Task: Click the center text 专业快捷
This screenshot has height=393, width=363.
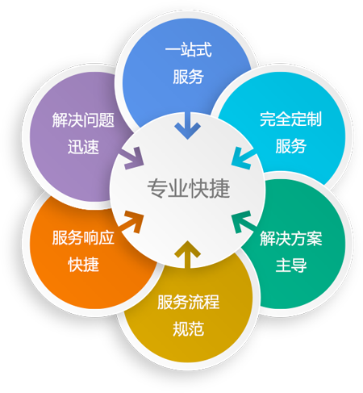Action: coord(189,188)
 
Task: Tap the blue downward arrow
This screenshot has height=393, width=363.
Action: coord(187,126)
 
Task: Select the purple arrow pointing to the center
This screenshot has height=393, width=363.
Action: coord(131,159)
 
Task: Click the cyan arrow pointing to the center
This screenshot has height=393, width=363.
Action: coord(244,159)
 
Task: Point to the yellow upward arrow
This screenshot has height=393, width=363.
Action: coord(187,254)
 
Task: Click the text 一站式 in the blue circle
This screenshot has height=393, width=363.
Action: coord(189,50)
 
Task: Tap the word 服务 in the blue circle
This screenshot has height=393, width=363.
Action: coord(189,77)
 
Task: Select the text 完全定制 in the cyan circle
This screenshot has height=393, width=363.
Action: coord(290,119)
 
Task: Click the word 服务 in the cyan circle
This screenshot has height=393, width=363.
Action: coord(291,146)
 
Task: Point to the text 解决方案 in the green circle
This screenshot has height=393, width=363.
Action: coord(291,238)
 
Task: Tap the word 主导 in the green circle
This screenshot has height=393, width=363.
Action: coord(291,265)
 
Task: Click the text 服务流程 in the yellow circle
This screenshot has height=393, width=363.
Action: coord(189,302)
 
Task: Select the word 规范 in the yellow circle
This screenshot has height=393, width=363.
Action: coord(189,328)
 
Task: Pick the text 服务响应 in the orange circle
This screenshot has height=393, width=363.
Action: coord(83,237)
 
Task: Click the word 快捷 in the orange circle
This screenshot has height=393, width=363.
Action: coord(84,264)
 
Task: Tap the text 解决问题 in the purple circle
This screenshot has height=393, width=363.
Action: coord(83,120)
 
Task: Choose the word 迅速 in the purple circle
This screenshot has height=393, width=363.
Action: coord(83,147)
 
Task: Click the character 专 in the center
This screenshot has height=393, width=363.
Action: coord(157,188)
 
